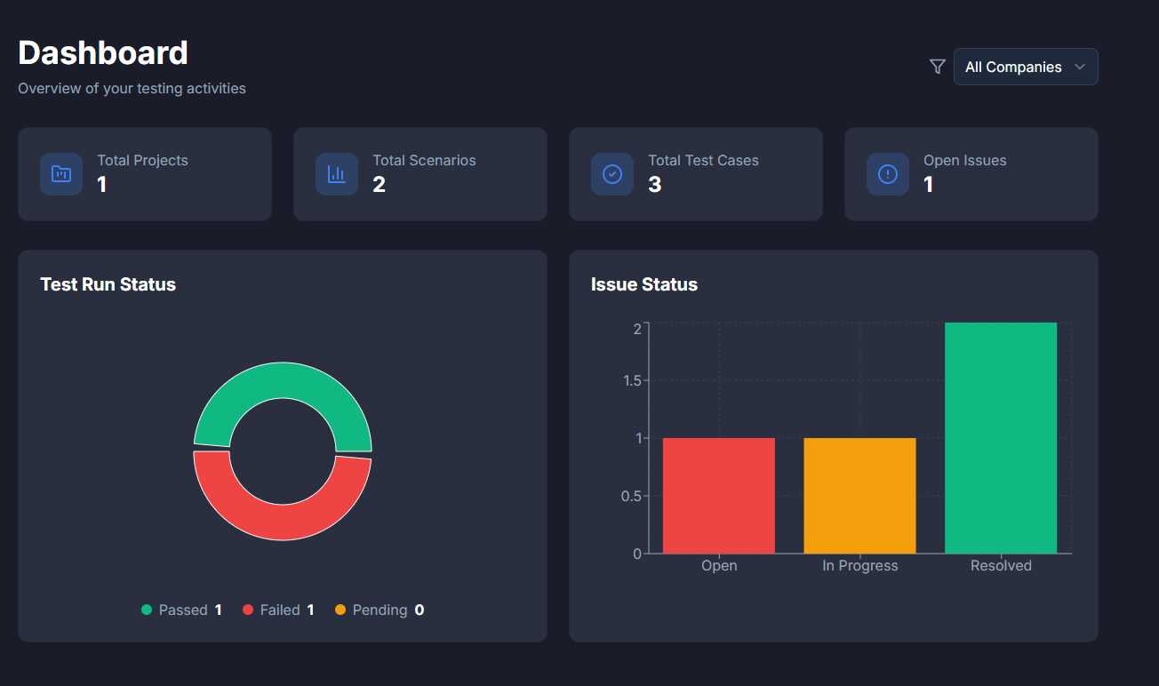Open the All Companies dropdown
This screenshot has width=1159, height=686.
[x=1026, y=67]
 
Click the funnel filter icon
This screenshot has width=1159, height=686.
[x=937, y=67]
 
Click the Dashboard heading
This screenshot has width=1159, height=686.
[x=103, y=53]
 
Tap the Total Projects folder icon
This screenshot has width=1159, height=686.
[x=61, y=174]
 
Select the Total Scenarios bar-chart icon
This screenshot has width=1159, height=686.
[x=337, y=174]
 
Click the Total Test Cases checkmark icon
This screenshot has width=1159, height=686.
[x=612, y=174]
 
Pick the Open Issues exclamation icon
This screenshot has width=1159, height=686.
[x=888, y=174]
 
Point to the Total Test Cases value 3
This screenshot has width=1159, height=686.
[x=655, y=185]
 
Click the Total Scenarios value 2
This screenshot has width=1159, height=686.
[x=380, y=185]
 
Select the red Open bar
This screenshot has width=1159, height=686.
[x=719, y=496]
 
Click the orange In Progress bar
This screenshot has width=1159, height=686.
[x=859, y=496]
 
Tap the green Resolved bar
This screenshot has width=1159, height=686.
[x=1001, y=438]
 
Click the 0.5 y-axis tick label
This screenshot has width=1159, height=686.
[x=631, y=496]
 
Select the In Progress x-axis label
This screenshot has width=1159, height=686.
[x=859, y=566]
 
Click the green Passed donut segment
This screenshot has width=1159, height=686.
[x=283, y=380]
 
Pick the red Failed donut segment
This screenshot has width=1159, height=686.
[x=283, y=522]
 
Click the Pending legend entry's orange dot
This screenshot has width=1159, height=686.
[x=340, y=610]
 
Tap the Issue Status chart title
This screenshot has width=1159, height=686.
[x=644, y=284]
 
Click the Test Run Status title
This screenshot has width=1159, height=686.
[x=108, y=284]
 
